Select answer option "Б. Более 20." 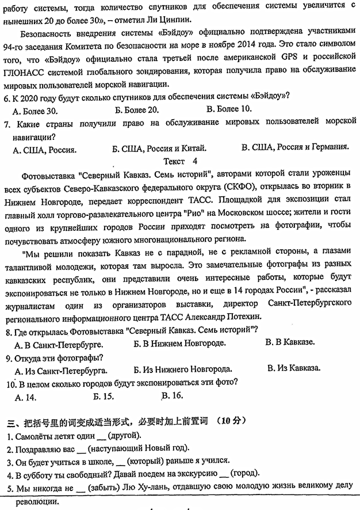tap(136, 110)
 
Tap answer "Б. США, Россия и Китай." tap(159, 149)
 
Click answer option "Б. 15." tap(104, 396)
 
